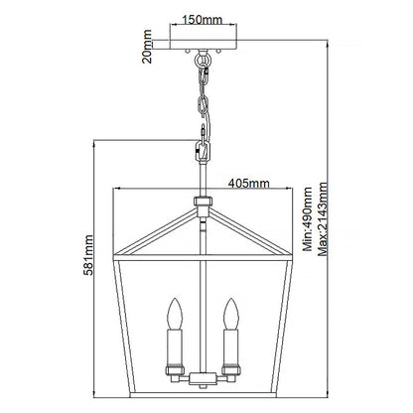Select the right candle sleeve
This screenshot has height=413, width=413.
pyautogui.click(x=235, y=350)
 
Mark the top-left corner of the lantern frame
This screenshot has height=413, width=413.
pyautogui.click(x=116, y=259)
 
